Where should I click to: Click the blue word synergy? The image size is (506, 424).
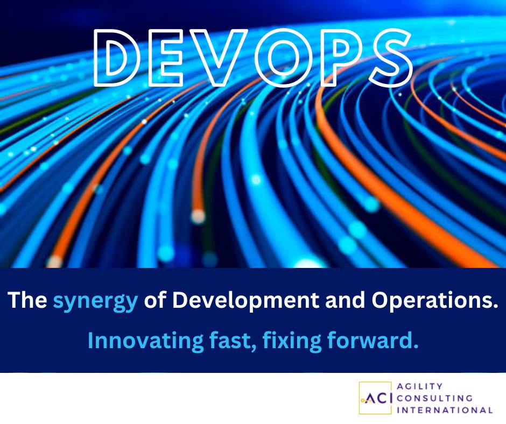(95, 301)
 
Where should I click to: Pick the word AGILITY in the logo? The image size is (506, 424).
(420, 386)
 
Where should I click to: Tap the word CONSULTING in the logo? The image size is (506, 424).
(434, 398)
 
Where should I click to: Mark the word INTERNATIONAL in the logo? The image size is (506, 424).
(445, 410)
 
